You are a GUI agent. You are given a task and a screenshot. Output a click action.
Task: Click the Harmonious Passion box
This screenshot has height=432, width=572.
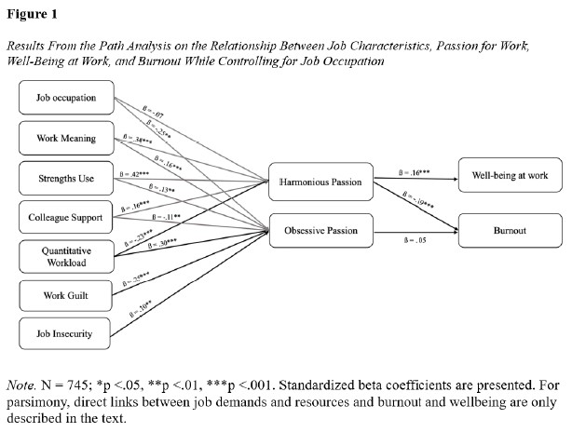320,183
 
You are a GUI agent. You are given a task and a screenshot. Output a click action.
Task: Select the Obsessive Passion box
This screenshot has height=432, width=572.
320,230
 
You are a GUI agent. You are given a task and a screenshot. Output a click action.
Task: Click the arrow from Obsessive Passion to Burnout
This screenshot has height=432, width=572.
415,230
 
